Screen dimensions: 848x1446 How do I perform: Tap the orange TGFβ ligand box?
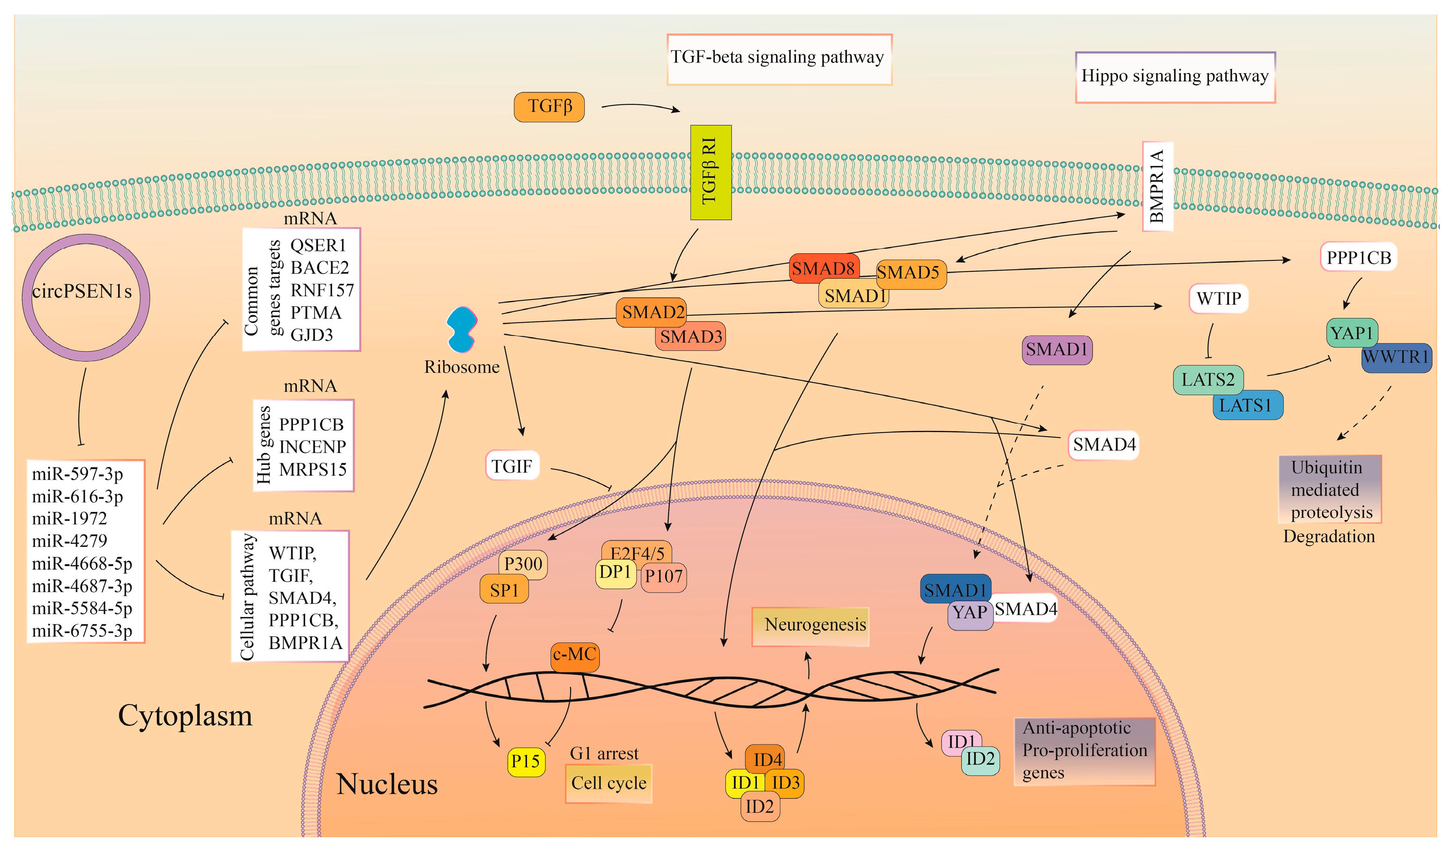click(x=549, y=107)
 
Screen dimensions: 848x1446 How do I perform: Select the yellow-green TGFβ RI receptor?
click(x=711, y=172)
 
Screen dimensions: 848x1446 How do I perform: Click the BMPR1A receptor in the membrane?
click(x=1157, y=186)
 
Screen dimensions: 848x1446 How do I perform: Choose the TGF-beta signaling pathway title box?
click(x=778, y=59)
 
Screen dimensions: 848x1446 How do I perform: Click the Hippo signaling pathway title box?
click(x=1174, y=77)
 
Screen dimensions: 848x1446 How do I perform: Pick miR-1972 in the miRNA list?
click(x=69, y=519)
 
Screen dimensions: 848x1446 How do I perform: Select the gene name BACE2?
click(x=319, y=268)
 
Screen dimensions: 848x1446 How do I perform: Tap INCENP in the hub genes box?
click(x=312, y=446)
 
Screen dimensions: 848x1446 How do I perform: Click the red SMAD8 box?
click(x=823, y=268)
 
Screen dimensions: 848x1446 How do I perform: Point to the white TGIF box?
click(x=512, y=466)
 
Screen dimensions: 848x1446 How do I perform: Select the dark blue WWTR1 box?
click(x=1395, y=357)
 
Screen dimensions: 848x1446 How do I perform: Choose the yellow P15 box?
click(x=526, y=761)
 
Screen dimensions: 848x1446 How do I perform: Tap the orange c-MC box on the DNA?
click(x=574, y=655)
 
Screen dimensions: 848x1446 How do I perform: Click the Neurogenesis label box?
click(x=810, y=625)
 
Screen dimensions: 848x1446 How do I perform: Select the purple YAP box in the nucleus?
click(x=970, y=613)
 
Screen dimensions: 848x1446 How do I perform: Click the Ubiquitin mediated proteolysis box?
click(x=1329, y=489)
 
